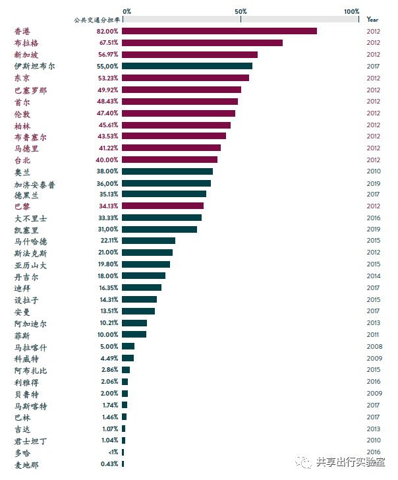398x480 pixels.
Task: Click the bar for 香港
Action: pos(219,31)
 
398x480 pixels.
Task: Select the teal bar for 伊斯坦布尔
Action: pos(187,66)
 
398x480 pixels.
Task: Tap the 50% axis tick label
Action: pos(241,11)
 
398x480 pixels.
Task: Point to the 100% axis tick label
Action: pos(351,11)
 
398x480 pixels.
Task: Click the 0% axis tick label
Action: pos(127,11)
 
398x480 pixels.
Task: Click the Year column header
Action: pos(373,20)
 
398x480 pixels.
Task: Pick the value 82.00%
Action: pos(107,31)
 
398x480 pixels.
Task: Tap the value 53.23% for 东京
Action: pos(107,78)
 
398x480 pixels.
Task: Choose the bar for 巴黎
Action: pos(163,206)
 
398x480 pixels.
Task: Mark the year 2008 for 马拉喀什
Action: pos(373,346)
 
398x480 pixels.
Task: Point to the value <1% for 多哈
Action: pos(113,452)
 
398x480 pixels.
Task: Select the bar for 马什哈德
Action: pos(149,241)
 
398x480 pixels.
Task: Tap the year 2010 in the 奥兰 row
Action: pos(373,171)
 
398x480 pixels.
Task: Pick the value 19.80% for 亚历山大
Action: pos(107,264)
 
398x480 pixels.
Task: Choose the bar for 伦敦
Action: pos(179,113)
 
